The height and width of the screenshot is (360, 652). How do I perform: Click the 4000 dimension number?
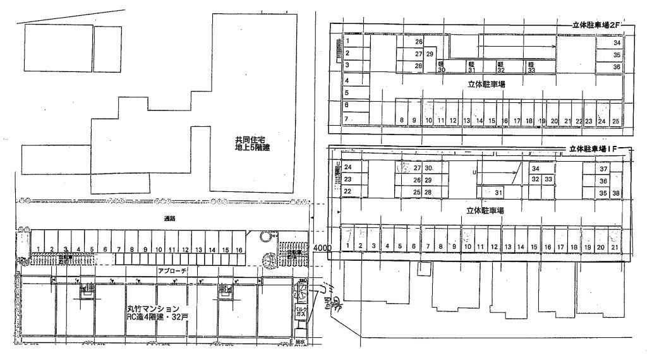tap(322, 249)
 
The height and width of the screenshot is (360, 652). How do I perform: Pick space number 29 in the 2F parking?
tap(430, 54)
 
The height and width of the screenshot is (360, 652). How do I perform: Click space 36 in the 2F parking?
tap(617, 66)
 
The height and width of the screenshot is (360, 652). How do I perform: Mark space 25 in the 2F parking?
tap(615, 120)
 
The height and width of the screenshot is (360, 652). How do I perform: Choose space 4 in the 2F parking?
tap(347, 80)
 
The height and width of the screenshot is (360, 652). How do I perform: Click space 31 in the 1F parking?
tap(498, 192)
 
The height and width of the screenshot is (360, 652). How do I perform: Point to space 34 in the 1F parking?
tap(535, 169)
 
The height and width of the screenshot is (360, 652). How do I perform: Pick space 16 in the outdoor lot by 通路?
tap(238, 250)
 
